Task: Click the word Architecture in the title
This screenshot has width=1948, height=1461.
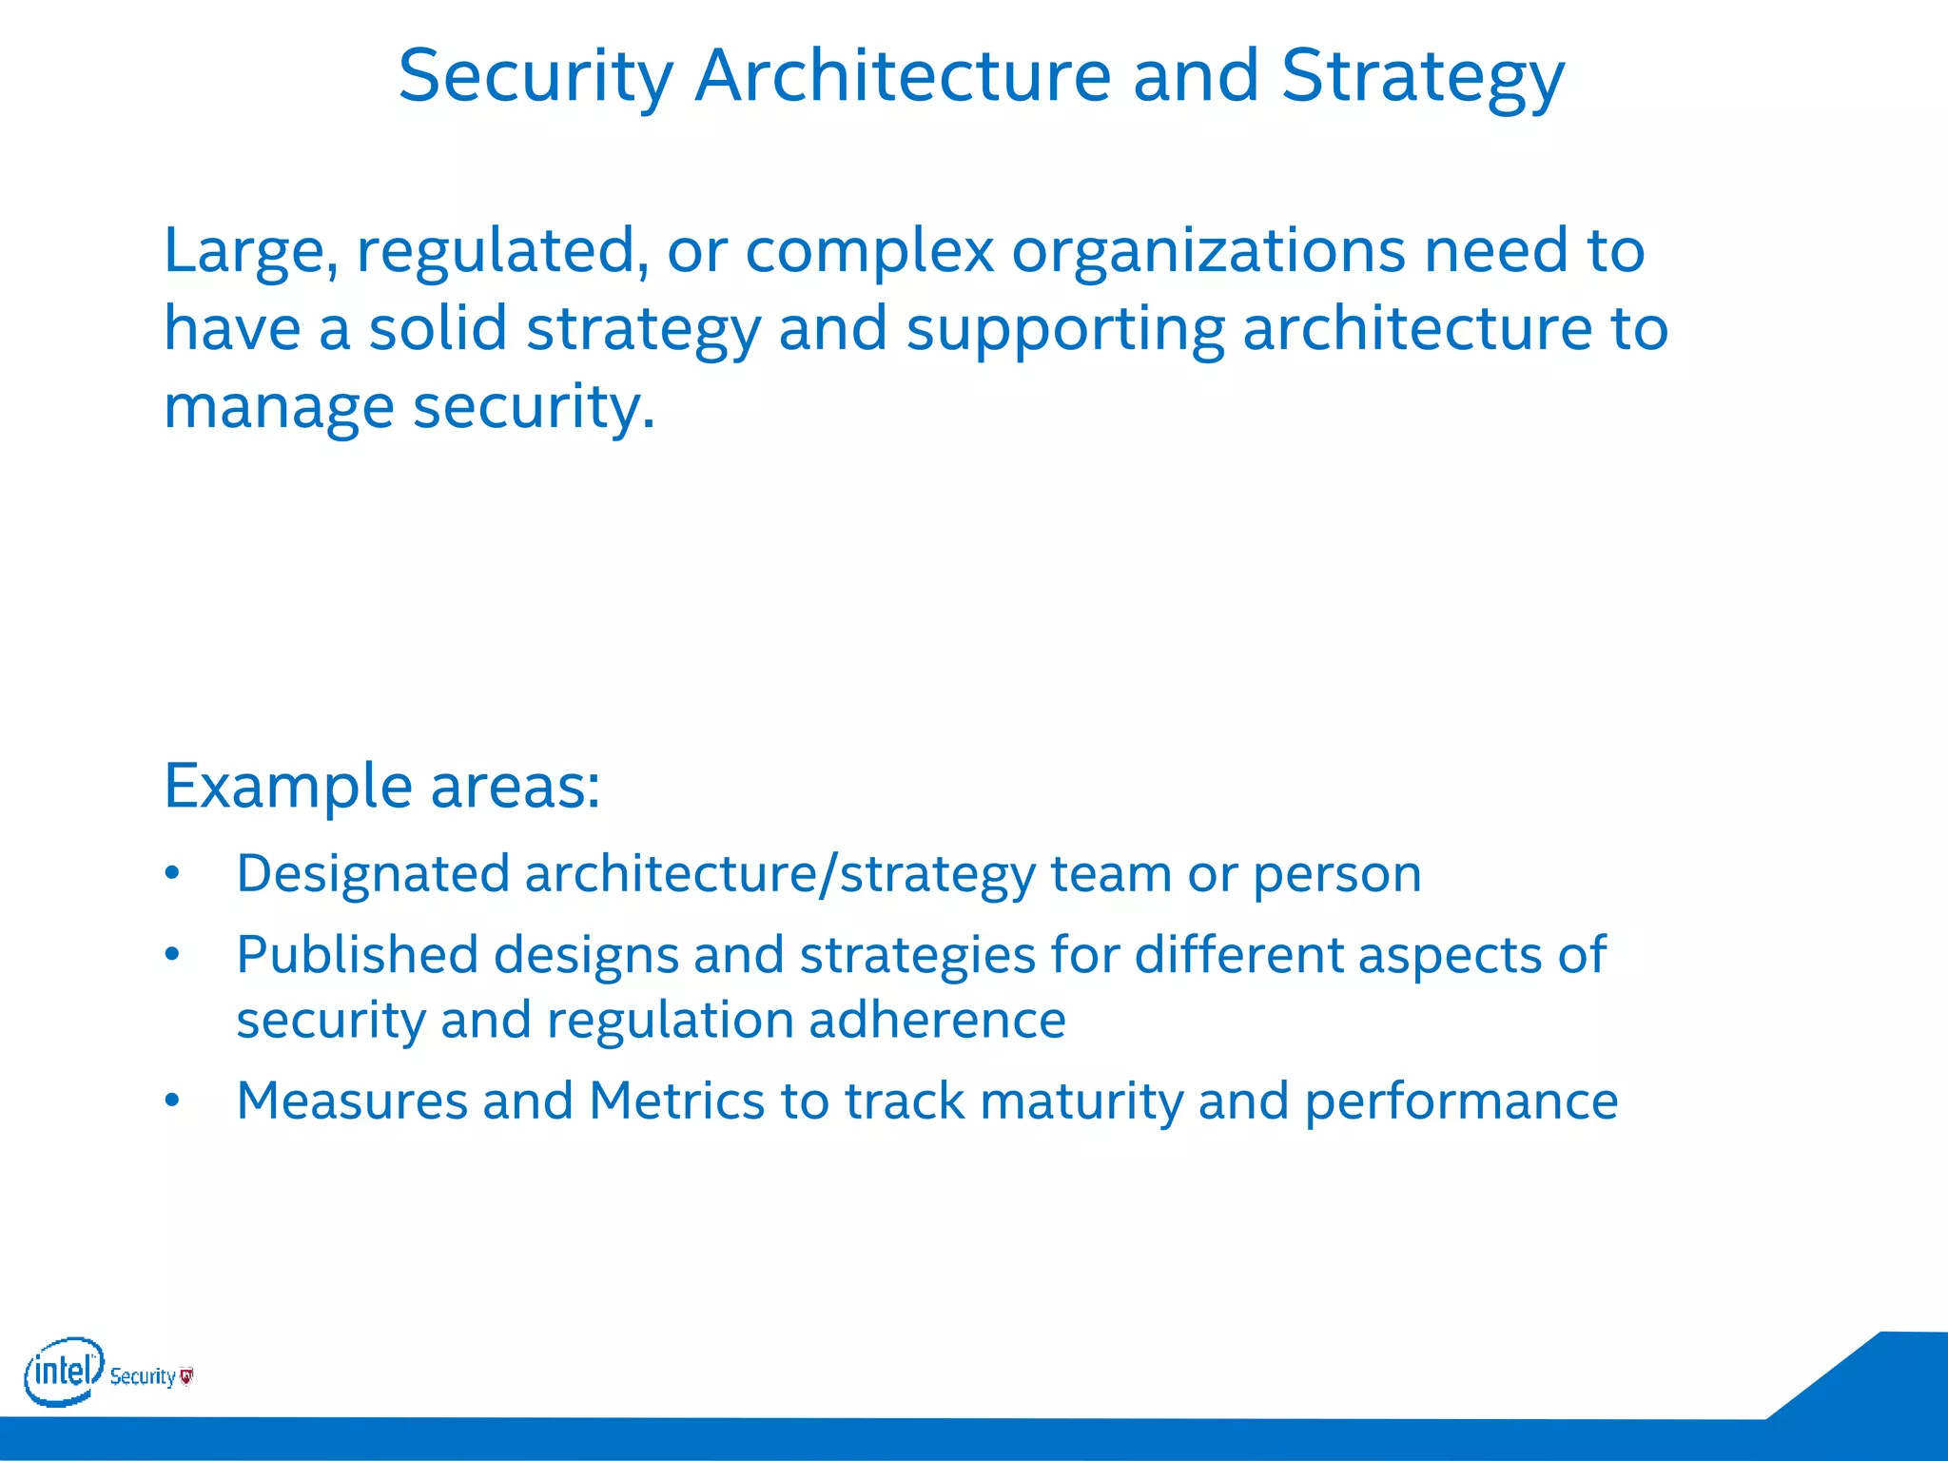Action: pos(903,76)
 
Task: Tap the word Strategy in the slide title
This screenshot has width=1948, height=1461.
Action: pos(1422,78)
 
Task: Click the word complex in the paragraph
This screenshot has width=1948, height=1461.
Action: pos(869,251)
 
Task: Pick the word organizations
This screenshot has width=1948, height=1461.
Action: pos(1208,251)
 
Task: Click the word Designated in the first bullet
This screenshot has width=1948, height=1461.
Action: pos(374,874)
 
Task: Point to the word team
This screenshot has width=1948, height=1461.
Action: pos(1110,874)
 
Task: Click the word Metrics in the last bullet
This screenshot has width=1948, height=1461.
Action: pos(677,1101)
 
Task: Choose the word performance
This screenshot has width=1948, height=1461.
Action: pos(1460,1101)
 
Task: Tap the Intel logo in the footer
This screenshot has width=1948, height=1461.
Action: pos(64,1371)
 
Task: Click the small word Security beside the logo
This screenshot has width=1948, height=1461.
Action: pos(143,1376)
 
